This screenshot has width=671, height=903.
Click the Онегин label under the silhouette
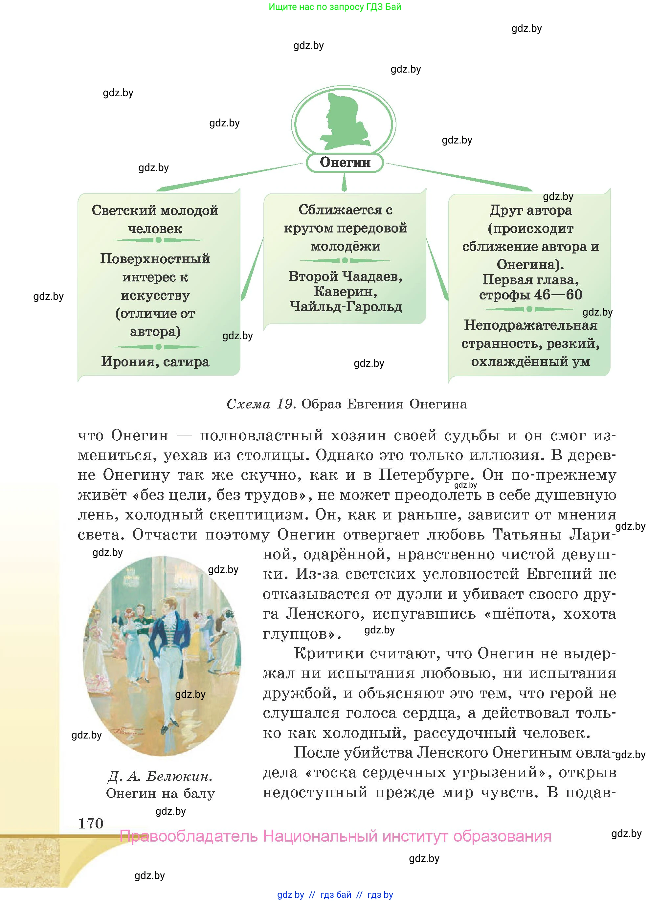click(x=345, y=163)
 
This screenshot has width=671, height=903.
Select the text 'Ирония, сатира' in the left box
click(x=155, y=361)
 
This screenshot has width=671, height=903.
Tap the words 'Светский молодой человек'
click(x=155, y=219)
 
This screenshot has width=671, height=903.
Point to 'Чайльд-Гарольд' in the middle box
click(x=345, y=307)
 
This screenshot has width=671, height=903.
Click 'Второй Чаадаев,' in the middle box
click(x=345, y=276)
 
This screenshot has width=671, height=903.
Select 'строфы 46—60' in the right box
click(x=530, y=294)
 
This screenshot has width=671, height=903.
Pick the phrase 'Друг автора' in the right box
click(x=530, y=210)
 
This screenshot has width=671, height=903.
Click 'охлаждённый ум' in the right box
click(x=530, y=361)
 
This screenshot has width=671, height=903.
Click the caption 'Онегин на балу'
click(x=160, y=793)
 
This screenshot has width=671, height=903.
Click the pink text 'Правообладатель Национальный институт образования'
click(x=336, y=836)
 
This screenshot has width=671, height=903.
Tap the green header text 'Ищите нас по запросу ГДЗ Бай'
click(x=335, y=7)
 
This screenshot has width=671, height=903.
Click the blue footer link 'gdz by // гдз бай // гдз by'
click(x=335, y=894)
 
